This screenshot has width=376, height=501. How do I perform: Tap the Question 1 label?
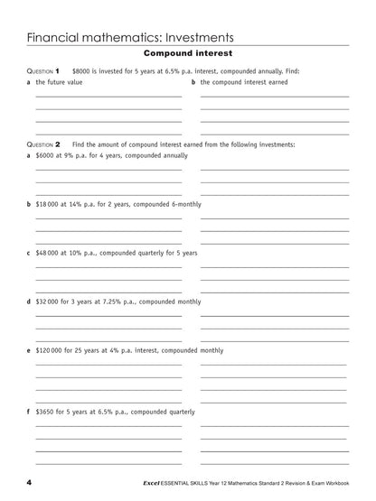click(x=42, y=70)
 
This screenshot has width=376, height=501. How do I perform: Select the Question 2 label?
click(x=42, y=144)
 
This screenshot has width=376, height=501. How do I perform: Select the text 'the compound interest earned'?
click(x=244, y=82)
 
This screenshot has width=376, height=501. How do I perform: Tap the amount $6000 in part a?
click(x=45, y=155)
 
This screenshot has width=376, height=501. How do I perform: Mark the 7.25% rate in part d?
click(x=113, y=302)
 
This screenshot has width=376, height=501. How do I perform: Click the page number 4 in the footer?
click(x=29, y=483)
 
